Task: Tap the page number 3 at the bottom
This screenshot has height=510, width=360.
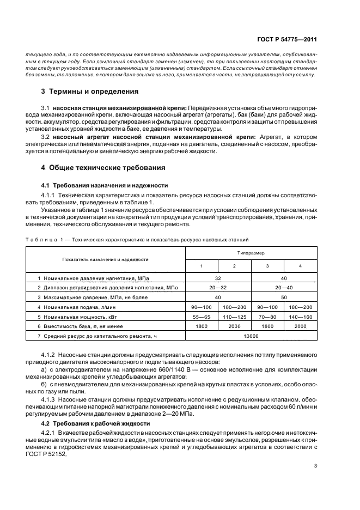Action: [315, 466]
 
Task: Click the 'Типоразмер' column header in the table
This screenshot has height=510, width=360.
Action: [251, 253]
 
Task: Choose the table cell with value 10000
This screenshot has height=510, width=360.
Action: [251, 336]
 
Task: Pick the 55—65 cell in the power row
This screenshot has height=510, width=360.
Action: [202, 316]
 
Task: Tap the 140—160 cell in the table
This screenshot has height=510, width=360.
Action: [301, 316]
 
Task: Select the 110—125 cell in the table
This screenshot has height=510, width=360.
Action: [234, 316]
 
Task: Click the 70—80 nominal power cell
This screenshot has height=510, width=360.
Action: [267, 316]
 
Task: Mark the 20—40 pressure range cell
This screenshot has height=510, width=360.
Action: [284, 287]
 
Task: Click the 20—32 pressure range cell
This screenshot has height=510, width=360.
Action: [218, 287]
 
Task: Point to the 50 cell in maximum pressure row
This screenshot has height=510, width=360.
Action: [284, 297]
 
